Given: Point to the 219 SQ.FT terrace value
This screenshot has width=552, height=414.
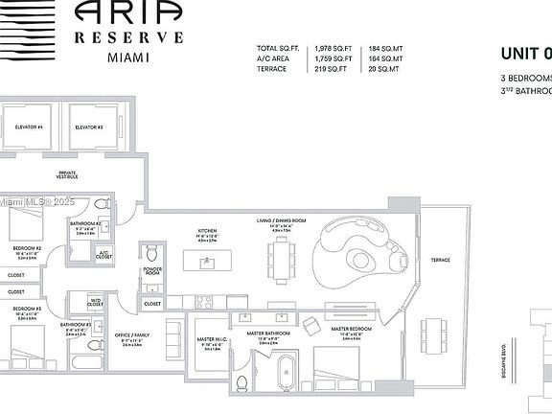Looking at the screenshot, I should [x=332, y=69].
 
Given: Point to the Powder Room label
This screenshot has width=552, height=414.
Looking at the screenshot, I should [x=151, y=270].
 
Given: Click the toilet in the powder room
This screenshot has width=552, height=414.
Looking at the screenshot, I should [x=151, y=252].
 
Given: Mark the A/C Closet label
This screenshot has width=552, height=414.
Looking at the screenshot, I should [x=104, y=255].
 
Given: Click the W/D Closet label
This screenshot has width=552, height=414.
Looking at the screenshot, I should [x=96, y=301].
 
